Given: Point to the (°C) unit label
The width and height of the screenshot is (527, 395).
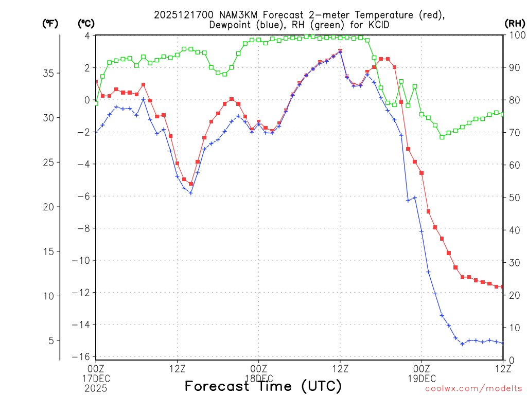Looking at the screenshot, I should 86,24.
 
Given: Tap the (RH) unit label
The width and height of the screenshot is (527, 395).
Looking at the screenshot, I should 515,24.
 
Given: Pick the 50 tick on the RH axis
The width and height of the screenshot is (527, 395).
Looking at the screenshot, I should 512,197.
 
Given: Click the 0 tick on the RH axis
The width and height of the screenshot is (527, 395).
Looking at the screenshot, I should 509,360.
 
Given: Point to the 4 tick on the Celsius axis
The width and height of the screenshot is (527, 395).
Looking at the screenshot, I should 87,35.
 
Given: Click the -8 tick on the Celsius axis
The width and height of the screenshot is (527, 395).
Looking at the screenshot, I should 85,228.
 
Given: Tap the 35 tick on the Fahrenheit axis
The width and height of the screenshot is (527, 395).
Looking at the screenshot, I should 47,73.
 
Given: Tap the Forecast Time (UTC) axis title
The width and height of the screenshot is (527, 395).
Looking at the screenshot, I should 263,386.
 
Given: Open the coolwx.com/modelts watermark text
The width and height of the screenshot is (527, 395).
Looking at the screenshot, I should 473,389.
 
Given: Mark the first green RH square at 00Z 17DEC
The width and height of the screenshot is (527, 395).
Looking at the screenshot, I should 96,103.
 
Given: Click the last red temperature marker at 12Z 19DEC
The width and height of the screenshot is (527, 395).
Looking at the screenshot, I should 502,286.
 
